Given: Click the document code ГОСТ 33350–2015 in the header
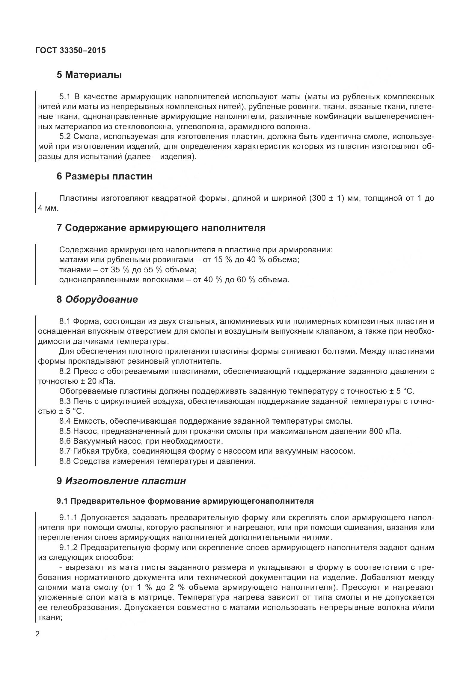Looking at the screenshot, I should coord(70,51).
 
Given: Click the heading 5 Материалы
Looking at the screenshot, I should coord(89,75).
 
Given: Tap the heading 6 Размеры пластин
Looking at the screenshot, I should coord(104,176).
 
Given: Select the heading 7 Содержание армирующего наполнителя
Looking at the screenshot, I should coord(161,228).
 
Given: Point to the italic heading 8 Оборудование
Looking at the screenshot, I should coord(97,299).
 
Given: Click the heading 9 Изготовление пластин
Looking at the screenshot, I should coord(121,481).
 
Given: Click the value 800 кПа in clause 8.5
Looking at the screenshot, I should coord(385,431).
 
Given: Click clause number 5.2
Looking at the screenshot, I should coord(65,137).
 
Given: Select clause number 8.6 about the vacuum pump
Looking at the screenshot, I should coord(65,441).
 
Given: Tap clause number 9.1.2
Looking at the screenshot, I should coord(69,548).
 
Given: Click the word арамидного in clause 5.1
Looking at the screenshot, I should coord(251,127).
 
